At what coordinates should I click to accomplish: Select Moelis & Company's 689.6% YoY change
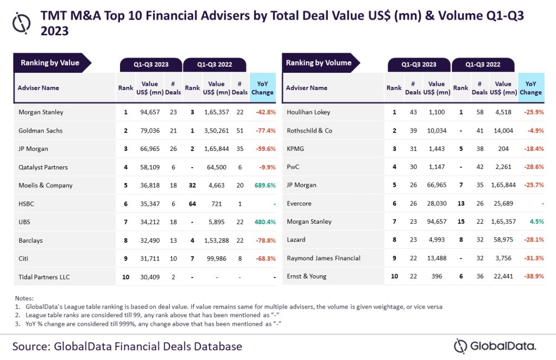pos(264,185)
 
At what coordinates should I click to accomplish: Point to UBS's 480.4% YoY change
pos(264,222)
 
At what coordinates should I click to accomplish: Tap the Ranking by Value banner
pos(50,63)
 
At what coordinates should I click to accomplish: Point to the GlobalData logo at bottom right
pos(495,346)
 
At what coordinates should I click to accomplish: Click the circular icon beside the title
pos(21,22)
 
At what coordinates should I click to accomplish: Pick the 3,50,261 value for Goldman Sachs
pos(216,131)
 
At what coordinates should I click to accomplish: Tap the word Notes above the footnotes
pos(24,298)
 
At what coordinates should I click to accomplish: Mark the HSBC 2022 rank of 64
pos(192,204)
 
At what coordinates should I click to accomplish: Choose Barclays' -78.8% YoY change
pos(264,241)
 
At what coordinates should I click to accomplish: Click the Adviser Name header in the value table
pos(39,88)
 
